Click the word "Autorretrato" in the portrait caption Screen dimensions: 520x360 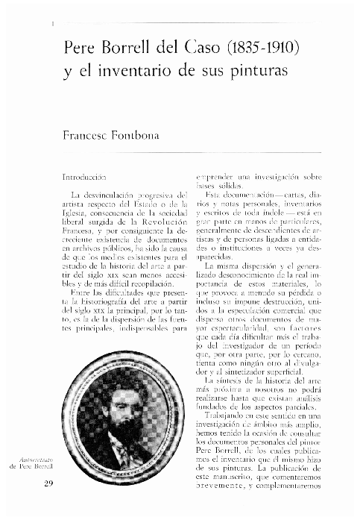tap(33, 457)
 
